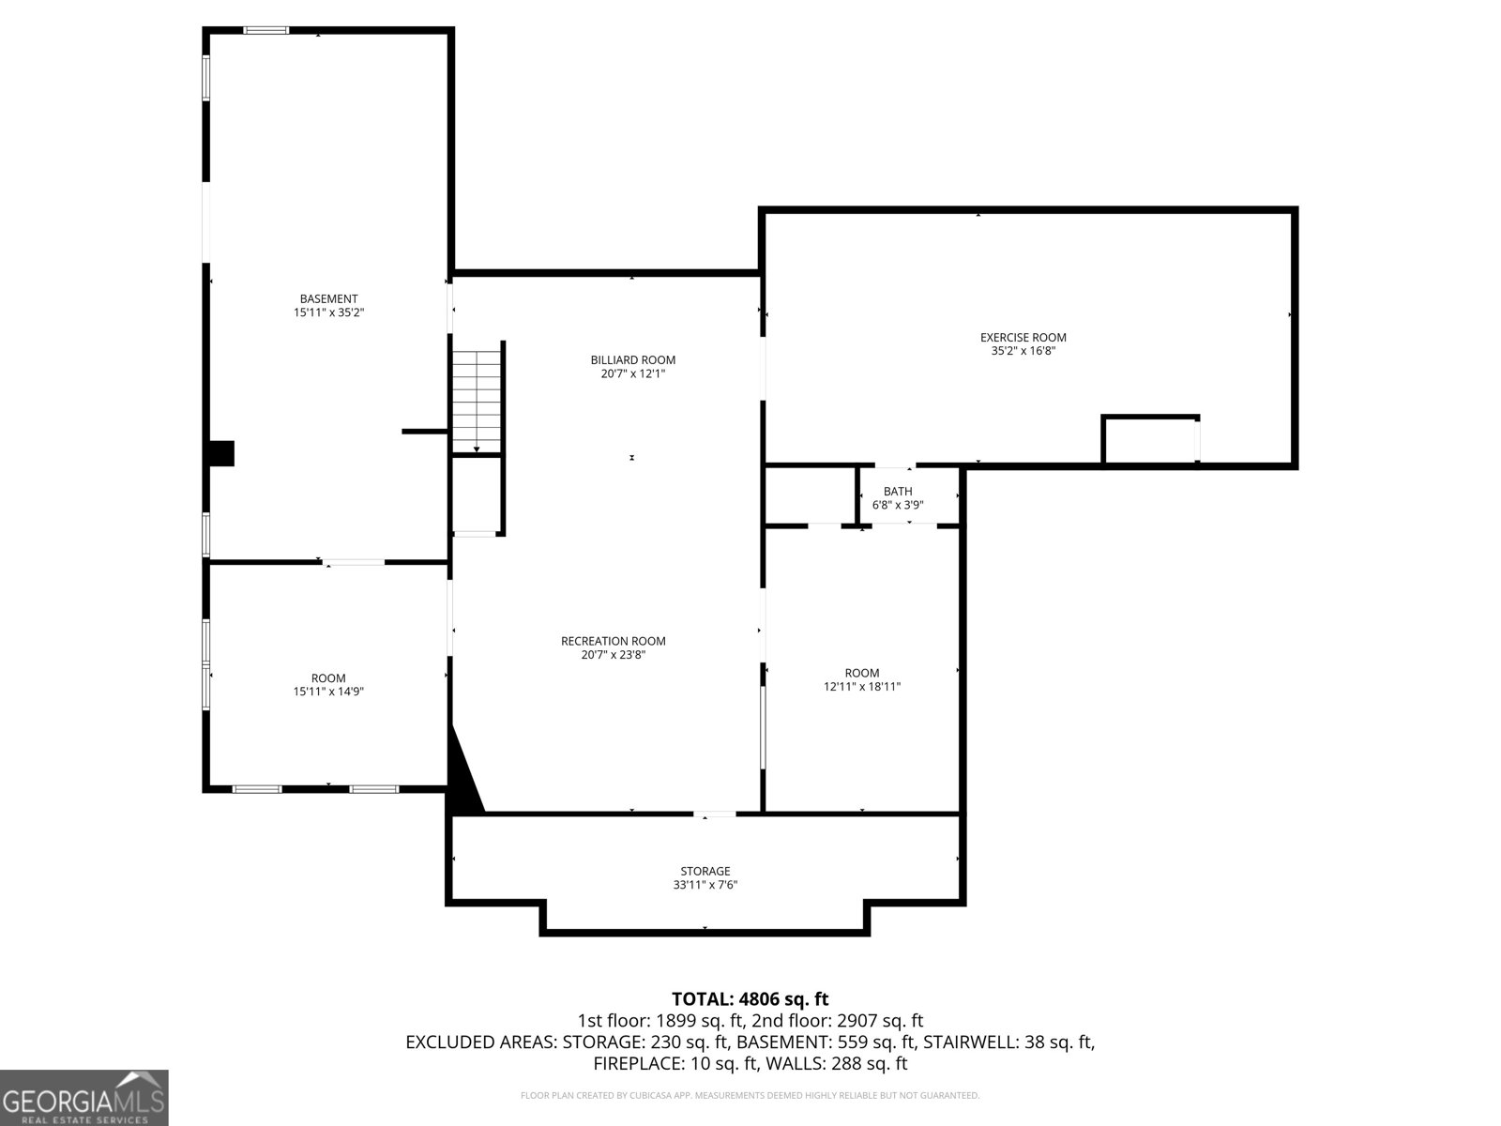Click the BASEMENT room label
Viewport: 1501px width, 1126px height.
(328, 298)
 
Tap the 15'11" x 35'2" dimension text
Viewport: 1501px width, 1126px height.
(328, 312)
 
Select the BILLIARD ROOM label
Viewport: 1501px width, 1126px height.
(632, 359)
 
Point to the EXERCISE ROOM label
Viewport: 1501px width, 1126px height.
(1023, 337)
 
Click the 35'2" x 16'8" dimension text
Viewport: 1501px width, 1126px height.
(1023, 351)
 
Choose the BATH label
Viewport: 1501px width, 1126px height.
(897, 491)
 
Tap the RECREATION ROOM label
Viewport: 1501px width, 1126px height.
(613, 641)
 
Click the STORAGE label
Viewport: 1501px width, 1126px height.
(705, 871)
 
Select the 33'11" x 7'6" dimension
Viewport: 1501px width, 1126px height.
(705, 885)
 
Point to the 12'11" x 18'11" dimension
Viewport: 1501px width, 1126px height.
(861, 687)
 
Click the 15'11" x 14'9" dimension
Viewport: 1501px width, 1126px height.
(328, 692)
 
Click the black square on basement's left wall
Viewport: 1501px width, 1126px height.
(221, 453)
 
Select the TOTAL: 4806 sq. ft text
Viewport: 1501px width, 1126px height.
(750, 999)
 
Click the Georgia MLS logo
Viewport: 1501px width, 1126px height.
(83, 1097)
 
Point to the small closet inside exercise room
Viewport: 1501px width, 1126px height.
(1150, 440)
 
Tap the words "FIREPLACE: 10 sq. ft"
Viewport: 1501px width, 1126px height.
(675, 1064)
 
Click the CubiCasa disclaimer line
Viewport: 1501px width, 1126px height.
(750, 1095)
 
